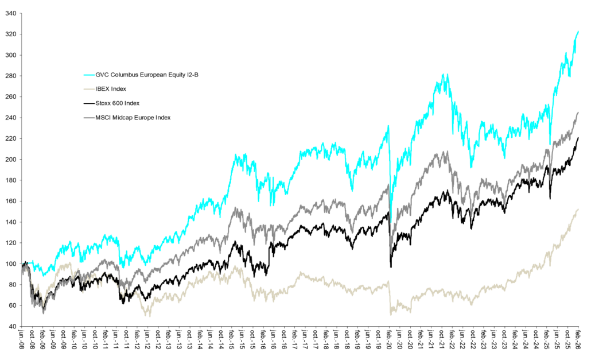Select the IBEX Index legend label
pos(111,89)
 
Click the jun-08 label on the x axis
pos(22,341)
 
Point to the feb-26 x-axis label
pos(577,341)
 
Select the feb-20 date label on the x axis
pos(389,341)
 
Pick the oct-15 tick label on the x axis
pos(252,341)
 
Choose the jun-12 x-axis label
pos(147,341)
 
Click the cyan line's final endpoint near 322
pos(577,31)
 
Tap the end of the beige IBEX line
pos(577,209)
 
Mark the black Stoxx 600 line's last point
pos(577,138)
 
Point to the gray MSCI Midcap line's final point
pos(577,113)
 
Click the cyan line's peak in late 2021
pos(442,75)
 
